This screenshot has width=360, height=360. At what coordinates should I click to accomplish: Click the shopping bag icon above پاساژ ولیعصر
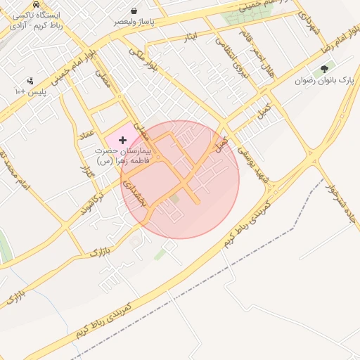pos(134,11)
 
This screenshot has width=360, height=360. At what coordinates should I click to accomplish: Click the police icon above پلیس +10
pos(30,81)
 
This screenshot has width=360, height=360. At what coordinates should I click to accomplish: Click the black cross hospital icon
pos(123,141)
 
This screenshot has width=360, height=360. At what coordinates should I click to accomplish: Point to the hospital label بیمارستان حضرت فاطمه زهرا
pos(123,156)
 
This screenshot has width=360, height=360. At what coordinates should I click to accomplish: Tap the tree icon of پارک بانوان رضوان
pos(324,70)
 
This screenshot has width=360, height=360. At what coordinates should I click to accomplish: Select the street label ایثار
pos(200,34)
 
